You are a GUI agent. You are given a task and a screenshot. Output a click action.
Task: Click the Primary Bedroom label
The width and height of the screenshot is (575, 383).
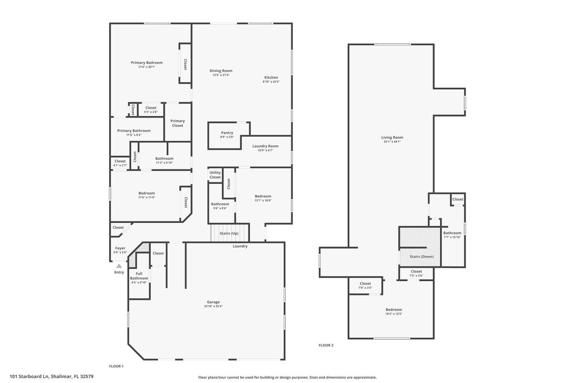coord(146,62)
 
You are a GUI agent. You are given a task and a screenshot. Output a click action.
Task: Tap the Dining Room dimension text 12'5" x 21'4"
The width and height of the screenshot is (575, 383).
coord(221,75)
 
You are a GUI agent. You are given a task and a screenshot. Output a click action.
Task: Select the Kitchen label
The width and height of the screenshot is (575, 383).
coord(271,77)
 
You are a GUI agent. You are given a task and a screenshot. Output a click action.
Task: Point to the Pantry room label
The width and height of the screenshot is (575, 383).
coord(227,132)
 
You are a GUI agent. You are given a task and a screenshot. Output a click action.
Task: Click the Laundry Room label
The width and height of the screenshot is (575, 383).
coord(265,146)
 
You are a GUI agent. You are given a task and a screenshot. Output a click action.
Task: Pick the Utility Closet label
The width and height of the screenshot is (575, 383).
coord(215,175)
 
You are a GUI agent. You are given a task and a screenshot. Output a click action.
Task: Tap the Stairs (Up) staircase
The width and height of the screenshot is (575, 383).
coord(230,233)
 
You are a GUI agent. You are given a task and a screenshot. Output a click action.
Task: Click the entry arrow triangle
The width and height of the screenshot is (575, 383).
coord(119,266)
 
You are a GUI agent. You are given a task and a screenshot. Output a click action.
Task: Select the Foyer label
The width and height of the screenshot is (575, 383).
coord(120,248)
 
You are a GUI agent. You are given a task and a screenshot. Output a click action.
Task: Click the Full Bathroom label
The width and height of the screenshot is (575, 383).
coord(139,276)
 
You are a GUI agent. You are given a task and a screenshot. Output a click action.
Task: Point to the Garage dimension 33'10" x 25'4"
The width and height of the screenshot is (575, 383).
coord(213,306)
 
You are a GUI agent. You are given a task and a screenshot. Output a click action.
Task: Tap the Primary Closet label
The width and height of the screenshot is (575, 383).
coord(177,123)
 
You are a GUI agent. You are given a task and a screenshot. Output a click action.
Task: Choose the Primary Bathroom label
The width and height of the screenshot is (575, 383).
coord(134,131)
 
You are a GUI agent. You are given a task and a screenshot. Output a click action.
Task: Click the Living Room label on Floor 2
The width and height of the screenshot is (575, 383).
coord(392,137)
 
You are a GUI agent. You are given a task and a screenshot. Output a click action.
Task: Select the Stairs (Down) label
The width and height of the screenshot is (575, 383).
coord(421,257)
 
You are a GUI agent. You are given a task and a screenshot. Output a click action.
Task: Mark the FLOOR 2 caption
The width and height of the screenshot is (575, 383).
coord(326,345)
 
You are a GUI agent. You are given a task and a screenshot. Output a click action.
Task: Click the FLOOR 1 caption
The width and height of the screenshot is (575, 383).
coord(116,366)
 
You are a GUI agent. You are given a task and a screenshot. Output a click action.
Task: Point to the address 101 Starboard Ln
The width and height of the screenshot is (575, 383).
coord(29,377)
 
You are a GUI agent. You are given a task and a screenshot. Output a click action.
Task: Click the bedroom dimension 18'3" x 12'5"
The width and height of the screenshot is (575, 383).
coord(393,314)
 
